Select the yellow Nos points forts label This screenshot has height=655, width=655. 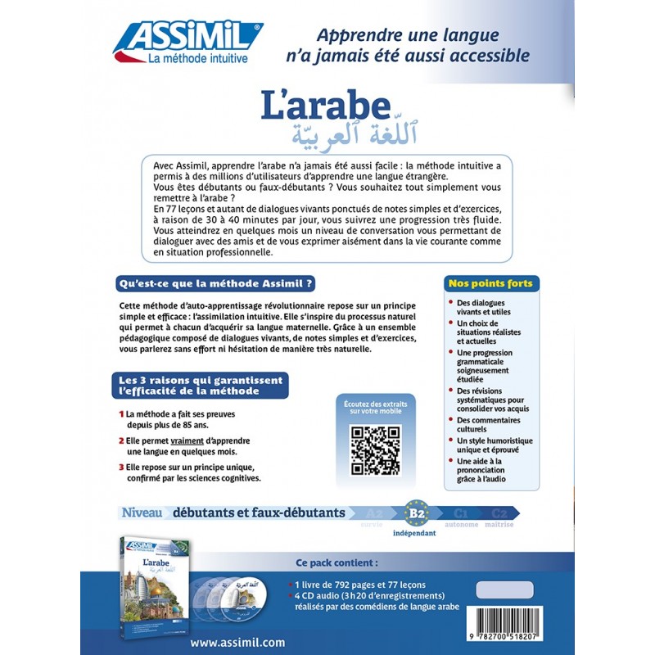490,283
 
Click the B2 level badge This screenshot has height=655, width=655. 417,513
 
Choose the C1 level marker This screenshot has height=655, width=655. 460,513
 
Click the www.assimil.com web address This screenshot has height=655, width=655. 238,642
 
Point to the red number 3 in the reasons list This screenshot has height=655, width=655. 121,468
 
